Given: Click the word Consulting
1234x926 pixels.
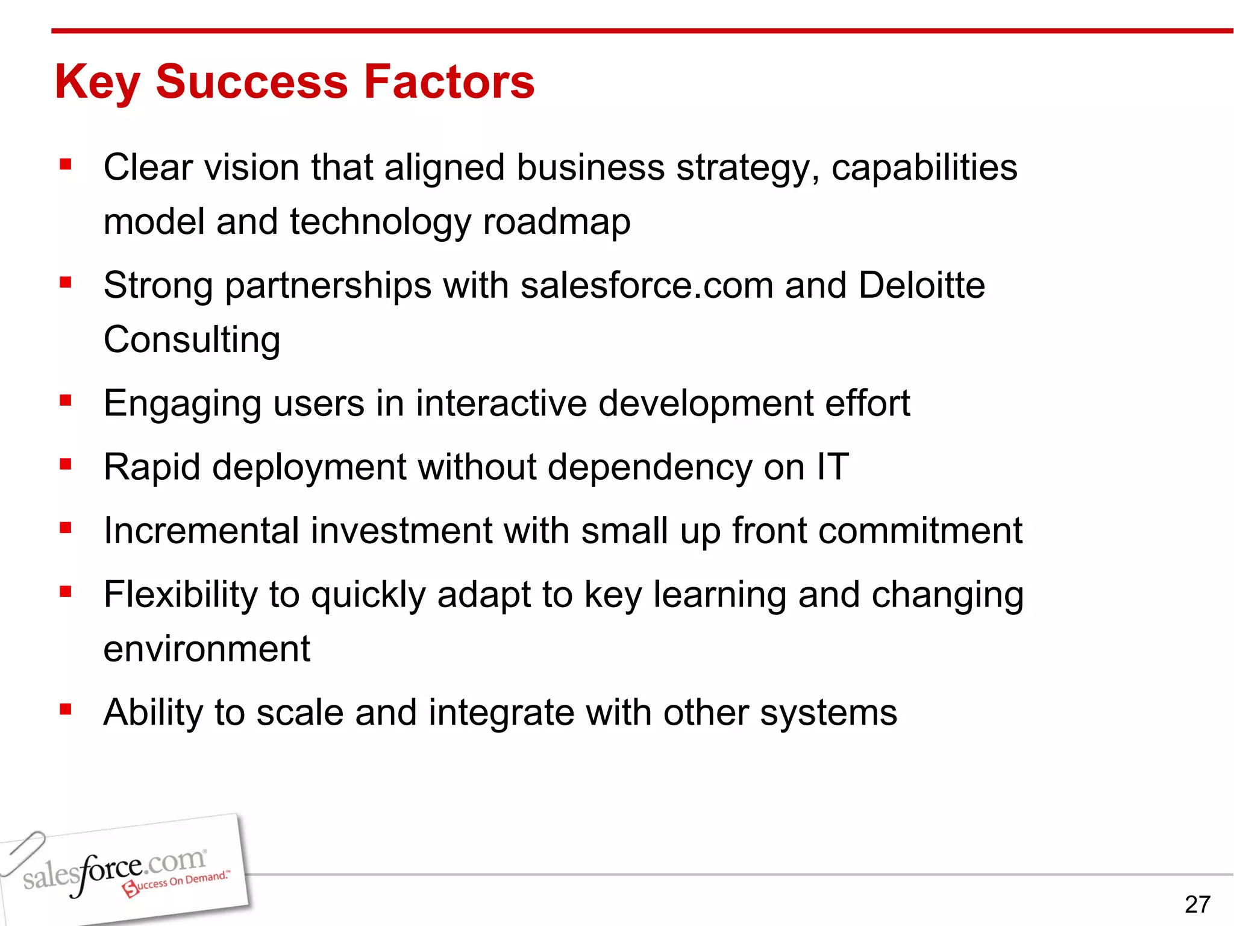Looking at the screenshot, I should pyautogui.click(x=192, y=340).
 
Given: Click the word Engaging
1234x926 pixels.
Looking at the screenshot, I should pyautogui.click(x=182, y=404).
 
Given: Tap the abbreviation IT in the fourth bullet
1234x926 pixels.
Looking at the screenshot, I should pyautogui.click(x=833, y=467).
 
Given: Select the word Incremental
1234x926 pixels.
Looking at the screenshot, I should pyautogui.click(x=201, y=531).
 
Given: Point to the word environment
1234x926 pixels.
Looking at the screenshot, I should pyautogui.click(x=207, y=649).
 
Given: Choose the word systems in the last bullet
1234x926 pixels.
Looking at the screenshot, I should pyautogui.click(x=828, y=713).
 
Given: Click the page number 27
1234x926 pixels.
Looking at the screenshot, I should pyautogui.click(x=1197, y=904).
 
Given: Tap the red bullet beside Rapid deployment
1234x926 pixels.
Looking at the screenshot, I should pyautogui.click(x=66, y=464).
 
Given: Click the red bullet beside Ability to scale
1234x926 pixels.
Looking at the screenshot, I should pyautogui.click(x=66, y=710).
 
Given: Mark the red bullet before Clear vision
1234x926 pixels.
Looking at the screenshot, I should pyautogui.click(x=66, y=164).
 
